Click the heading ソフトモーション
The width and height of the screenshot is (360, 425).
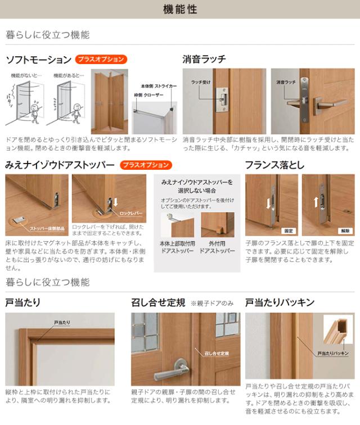coord(38,59)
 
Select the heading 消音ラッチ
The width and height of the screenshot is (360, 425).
coord(204,58)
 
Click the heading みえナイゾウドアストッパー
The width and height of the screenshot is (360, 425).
coord(60,165)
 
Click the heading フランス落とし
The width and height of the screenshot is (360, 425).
coord(274,165)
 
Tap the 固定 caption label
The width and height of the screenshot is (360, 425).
coord(288,230)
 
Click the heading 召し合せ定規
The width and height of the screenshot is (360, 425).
coord(158,303)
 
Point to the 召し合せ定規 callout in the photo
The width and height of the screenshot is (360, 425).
coord(217,353)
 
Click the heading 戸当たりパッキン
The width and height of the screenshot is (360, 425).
coord(280,303)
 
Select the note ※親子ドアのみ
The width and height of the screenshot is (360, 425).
coord(213,304)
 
